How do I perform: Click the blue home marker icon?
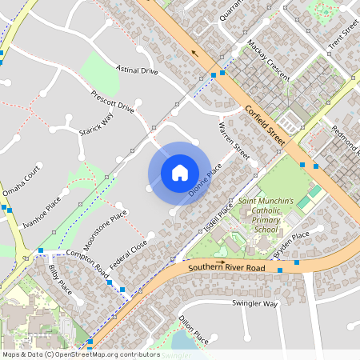(179, 172)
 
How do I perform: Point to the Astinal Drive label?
(138, 70)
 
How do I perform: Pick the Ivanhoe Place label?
(42, 212)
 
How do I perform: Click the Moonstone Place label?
(107, 226)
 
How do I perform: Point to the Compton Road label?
(87, 262)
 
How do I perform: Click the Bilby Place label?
(60, 278)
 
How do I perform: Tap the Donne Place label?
(204, 182)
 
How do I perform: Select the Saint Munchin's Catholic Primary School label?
(265, 214)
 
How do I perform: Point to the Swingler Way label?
(254, 304)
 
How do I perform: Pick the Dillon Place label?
(194, 330)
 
